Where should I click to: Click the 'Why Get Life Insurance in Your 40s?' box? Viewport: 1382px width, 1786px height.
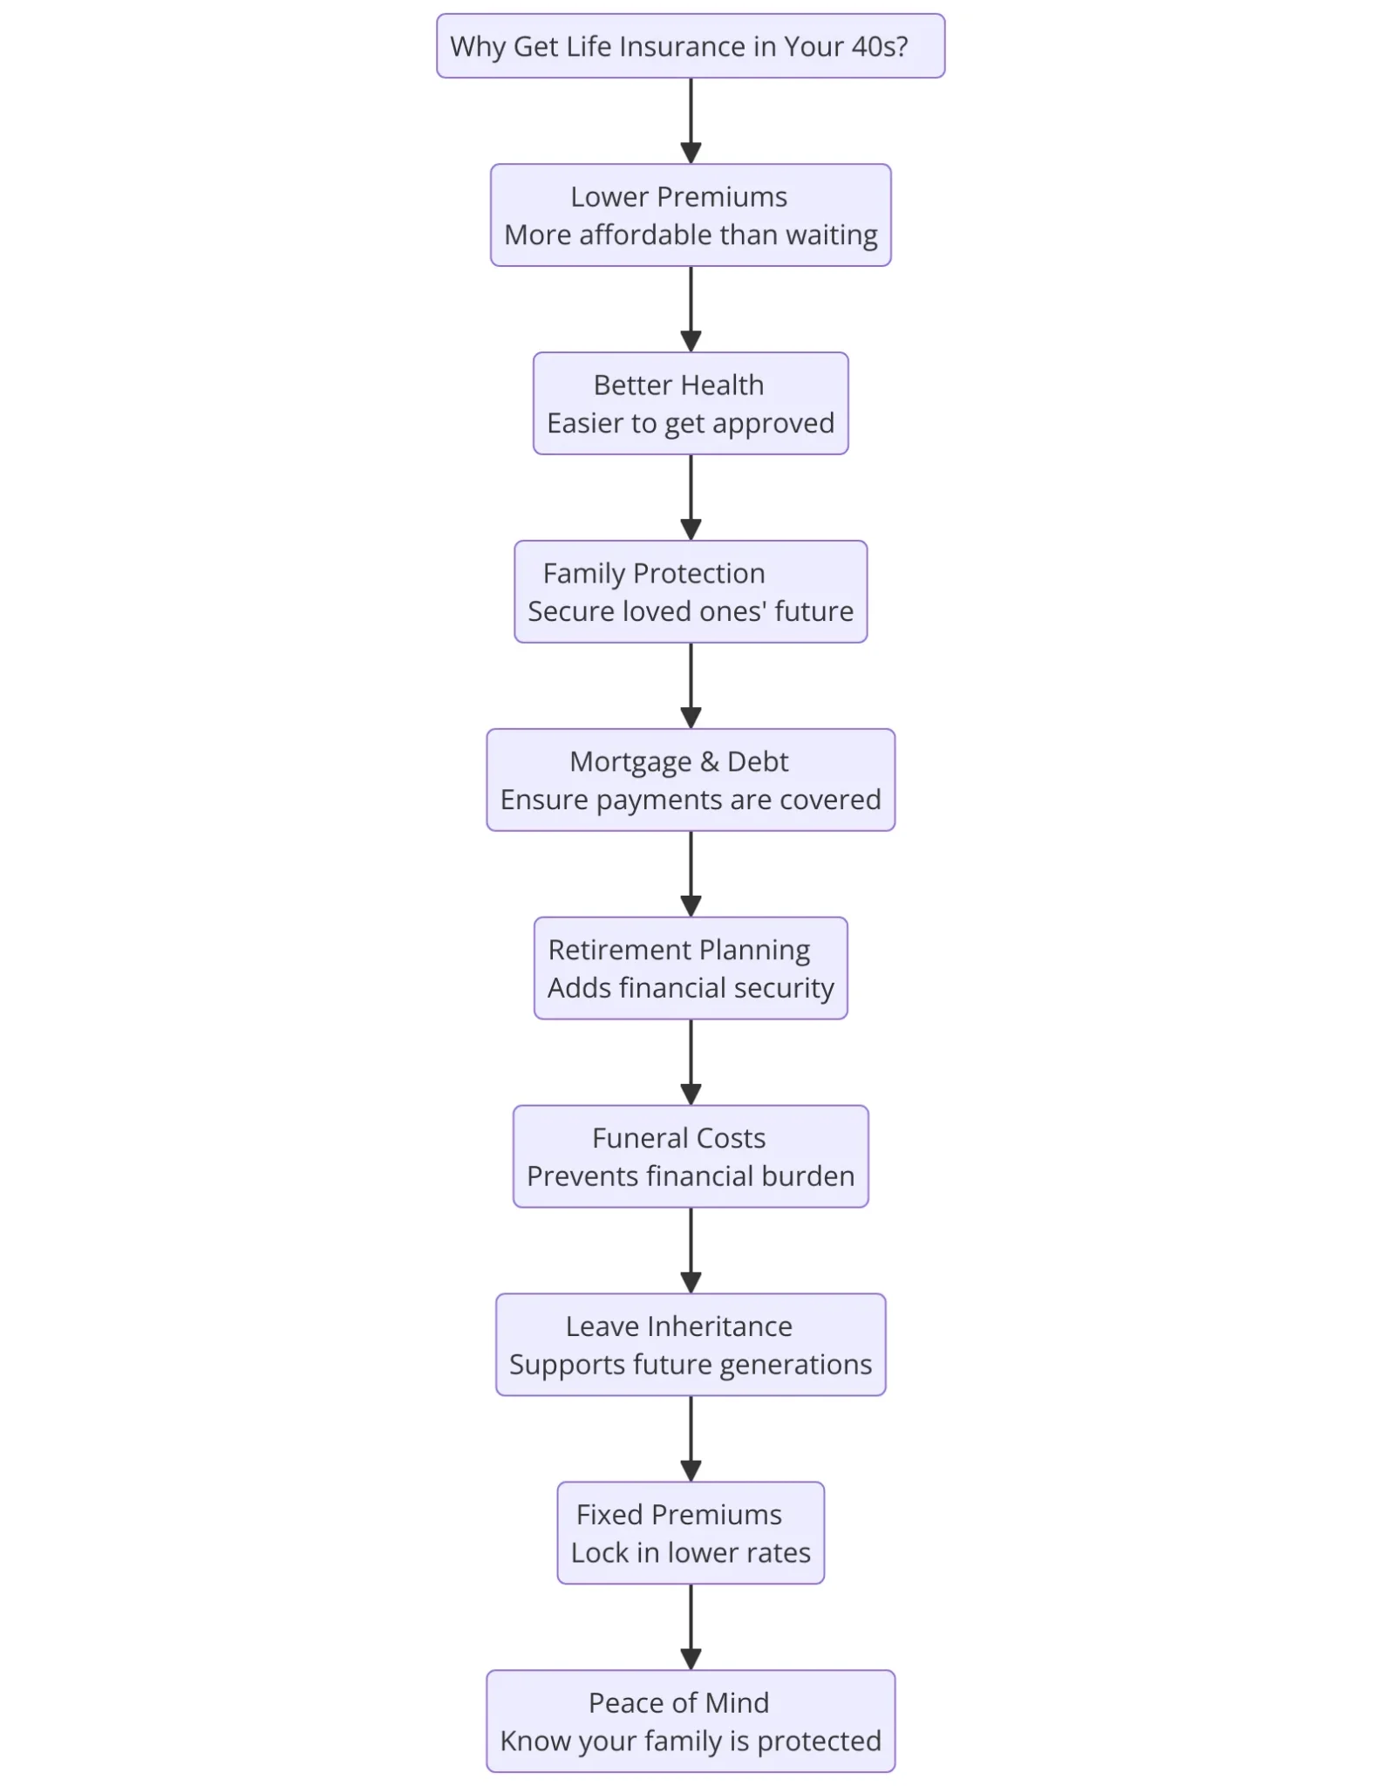point(691,45)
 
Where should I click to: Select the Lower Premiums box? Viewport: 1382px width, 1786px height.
point(691,215)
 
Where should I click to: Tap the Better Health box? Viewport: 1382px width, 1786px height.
point(691,403)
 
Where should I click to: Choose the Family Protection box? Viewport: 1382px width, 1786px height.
point(691,591)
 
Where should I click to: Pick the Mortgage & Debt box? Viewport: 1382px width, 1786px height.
point(691,780)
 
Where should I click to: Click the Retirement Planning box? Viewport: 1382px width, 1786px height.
point(691,968)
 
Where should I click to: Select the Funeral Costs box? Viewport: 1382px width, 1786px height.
point(691,1156)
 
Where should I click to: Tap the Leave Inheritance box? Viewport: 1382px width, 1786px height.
point(691,1345)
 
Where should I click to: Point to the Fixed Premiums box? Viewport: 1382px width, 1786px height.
point(691,1533)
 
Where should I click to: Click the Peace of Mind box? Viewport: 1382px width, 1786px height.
point(691,1721)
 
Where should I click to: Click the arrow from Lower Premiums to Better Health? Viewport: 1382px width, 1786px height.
point(691,310)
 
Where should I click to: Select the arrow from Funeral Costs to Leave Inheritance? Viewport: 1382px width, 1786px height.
point(691,1251)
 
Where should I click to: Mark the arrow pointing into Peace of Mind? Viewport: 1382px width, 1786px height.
point(691,1627)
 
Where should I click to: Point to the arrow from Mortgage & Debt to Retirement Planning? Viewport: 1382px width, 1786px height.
point(691,874)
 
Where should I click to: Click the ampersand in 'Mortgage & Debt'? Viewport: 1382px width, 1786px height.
point(710,762)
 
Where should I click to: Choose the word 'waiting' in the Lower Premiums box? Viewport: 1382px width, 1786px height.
point(832,236)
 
